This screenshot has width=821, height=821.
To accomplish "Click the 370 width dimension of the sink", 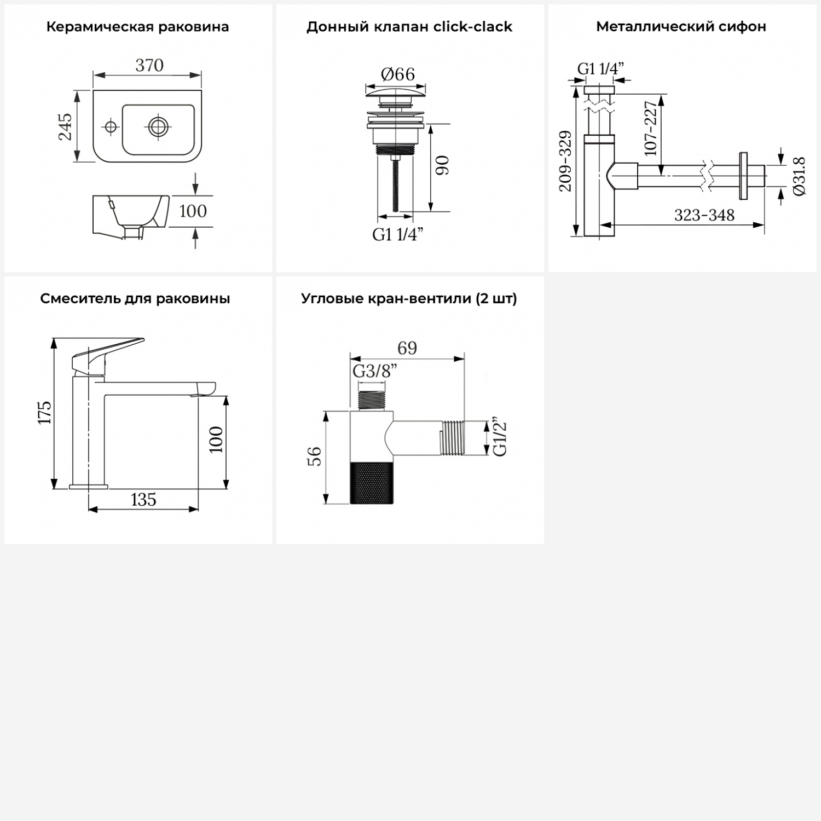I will click(149, 66).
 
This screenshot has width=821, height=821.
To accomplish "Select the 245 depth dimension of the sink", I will click(65, 126).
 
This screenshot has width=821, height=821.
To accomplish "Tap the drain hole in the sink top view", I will click(158, 126).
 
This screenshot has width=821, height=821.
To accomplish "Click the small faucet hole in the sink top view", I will click(111, 127).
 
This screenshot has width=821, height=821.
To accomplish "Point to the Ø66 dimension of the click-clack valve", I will click(398, 74).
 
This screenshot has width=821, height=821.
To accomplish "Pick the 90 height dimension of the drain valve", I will click(442, 165).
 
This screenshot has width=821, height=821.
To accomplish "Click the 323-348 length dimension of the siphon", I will click(704, 215).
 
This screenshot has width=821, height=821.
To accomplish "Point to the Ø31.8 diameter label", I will click(799, 176).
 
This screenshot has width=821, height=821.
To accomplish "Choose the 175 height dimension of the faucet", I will click(44, 412).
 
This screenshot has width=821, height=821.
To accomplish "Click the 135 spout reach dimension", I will click(143, 500).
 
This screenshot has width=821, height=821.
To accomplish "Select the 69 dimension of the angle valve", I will click(407, 348).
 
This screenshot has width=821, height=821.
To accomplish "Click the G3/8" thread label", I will click(374, 371).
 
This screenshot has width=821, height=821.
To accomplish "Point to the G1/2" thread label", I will click(500, 438).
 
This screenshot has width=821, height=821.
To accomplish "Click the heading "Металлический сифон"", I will click(681, 26).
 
